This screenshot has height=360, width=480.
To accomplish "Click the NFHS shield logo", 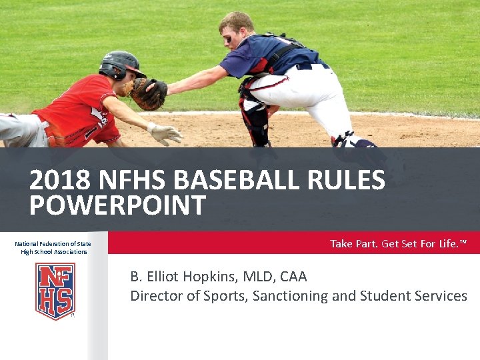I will [x=55, y=291].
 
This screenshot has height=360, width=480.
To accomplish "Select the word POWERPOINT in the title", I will [x=117, y=206].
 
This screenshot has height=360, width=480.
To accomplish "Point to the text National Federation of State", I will [x=53, y=244].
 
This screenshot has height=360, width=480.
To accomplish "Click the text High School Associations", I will [x=54, y=252].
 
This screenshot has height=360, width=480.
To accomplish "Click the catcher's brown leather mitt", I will [x=147, y=94].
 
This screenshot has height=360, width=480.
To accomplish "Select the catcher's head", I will [x=237, y=28].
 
